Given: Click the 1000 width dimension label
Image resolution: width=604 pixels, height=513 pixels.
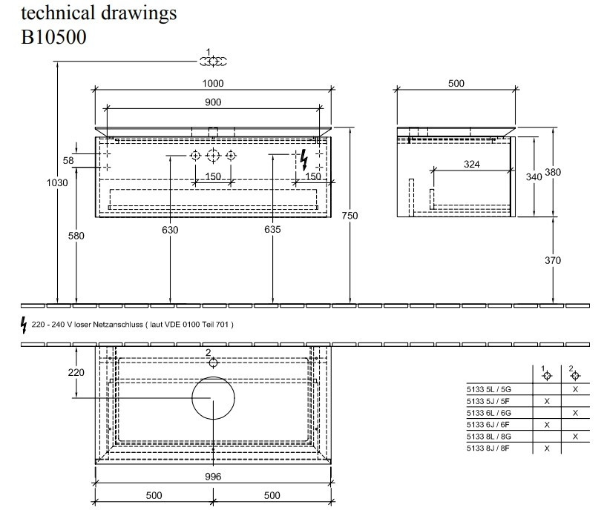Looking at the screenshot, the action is pos(213,83).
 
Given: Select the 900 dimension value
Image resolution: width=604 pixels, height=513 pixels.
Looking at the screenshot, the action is pos(213,102).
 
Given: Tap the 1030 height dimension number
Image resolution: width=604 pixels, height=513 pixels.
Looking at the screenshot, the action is pos(57,182).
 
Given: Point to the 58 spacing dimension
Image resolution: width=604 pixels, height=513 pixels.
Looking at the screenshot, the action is pos(68,160).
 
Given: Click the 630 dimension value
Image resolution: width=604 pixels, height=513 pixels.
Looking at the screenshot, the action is pos(170,230).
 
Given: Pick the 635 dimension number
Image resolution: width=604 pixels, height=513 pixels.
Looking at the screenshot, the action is pos(272,229).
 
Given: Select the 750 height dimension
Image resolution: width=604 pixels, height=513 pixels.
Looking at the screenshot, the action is pos(349,216).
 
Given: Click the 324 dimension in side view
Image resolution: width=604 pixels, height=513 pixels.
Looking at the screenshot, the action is pos(471,165).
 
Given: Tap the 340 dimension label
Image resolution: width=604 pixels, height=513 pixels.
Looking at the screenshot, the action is pos(534,176).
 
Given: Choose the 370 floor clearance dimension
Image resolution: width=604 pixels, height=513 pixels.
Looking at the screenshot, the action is pos(553,260).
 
